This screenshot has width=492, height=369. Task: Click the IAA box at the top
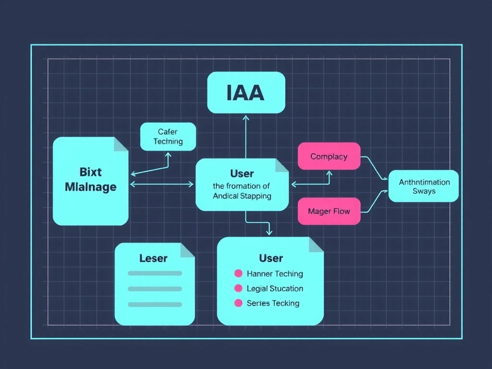[x=246, y=92]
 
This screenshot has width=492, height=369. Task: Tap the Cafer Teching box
[x=168, y=136]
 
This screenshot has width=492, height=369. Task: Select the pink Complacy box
[x=329, y=156]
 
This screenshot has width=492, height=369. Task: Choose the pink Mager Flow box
[x=329, y=211]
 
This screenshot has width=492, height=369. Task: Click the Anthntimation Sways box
[x=424, y=186]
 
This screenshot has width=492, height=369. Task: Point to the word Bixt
[x=90, y=172]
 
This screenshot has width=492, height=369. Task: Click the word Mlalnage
[x=90, y=186]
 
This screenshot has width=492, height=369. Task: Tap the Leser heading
[x=153, y=258]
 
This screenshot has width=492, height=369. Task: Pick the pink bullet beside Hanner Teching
[x=238, y=273]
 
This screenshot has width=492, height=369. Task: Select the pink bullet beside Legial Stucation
[x=238, y=288]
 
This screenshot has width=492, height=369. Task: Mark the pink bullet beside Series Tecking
[x=238, y=303]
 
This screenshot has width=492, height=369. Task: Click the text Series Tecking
[x=273, y=303]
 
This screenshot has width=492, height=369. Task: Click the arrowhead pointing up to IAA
[x=246, y=117]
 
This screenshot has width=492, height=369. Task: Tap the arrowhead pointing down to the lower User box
[x=269, y=233]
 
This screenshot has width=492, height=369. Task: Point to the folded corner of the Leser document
[x=188, y=249]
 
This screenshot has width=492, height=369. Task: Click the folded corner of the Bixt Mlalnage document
[x=122, y=144]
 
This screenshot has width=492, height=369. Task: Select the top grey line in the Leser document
[x=155, y=273]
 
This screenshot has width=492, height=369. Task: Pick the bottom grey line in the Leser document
[x=155, y=304]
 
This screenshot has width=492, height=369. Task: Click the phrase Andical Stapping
[x=242, y=196]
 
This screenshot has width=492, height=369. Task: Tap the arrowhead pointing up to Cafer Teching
[x=168, y=155]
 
